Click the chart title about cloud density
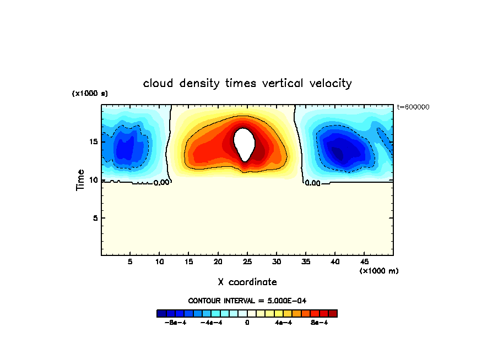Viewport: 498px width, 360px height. point(247,83)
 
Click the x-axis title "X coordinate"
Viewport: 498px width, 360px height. point(247,282)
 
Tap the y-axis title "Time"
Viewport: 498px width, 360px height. point(80,180)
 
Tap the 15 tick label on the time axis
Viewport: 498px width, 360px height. point(93,141)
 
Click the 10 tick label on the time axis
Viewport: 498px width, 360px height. point(93,180)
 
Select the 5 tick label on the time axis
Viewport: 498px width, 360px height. point(95,218)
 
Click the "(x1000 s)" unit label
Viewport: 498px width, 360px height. point(90,94)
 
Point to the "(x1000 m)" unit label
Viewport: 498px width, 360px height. point(379,270)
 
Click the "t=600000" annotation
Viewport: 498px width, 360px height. point(413,107)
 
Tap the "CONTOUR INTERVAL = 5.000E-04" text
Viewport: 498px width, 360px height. point(247,301)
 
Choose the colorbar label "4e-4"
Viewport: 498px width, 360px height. point(284,323)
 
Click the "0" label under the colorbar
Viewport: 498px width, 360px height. point(247,323)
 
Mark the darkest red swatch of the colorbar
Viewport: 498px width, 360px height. point(333,313)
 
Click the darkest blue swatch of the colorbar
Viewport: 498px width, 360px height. point(161,313)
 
